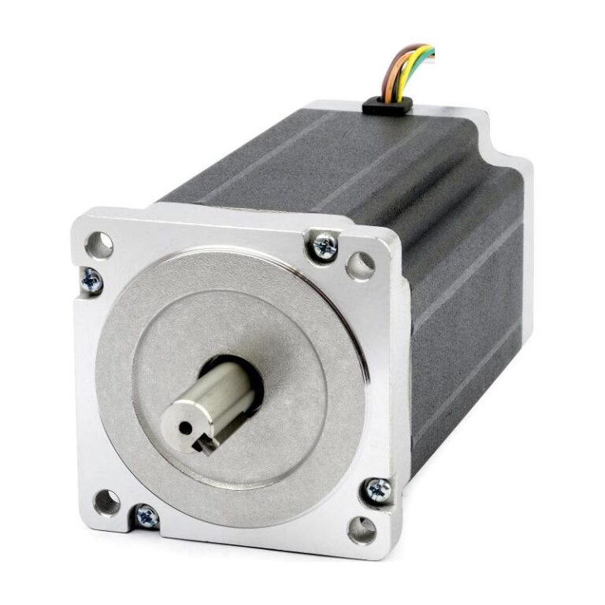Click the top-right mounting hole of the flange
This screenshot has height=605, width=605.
coord(360,265)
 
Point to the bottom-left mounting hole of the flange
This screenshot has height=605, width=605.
coord(106,501)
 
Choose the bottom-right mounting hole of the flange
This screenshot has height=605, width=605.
coord(362,529)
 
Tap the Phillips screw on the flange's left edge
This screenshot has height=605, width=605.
coord(91,280)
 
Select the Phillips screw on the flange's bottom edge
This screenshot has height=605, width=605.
coord(147,516)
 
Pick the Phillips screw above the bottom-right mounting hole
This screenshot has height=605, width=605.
coord(378,491)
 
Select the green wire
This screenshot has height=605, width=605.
coord(426,55)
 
